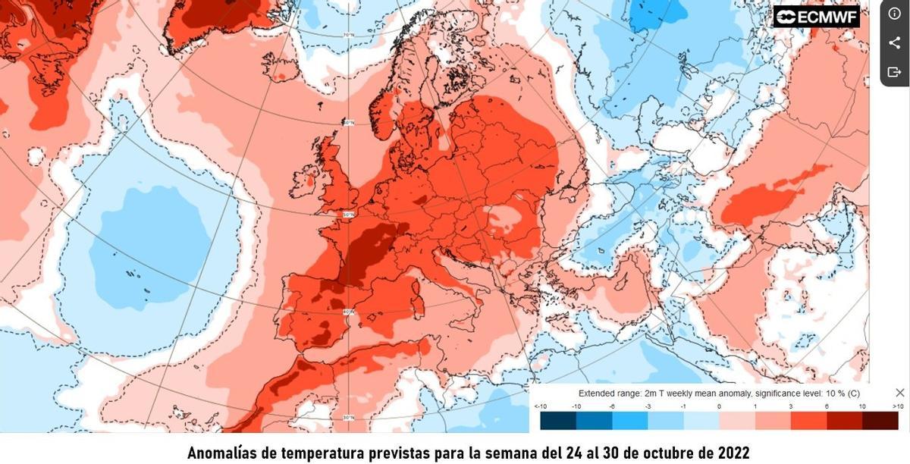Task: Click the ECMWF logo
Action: [816, 17]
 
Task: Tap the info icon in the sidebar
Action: [894, 14]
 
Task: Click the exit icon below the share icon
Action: [894, 72]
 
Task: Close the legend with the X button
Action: [899, 393]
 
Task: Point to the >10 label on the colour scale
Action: [898, 407]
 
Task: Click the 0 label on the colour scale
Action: [718, 407]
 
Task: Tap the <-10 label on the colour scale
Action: [541, 407]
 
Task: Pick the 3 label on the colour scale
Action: [790, 407]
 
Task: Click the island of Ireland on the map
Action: [304, 179]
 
